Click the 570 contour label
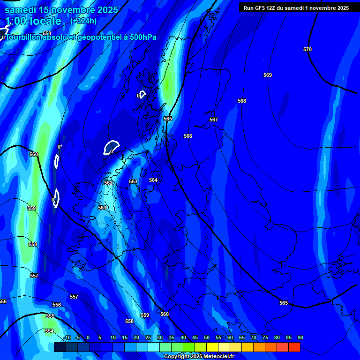pyautogui.click(x=307, y=49)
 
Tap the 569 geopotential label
pyautogui.click(x=267, y=75)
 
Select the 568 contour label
pyautogui.click(x=242, y=101)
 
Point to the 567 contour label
pyautogui.click(x=214, y=120)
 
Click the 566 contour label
pyautogui.click(x=188, y=136)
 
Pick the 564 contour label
pyautogui.click(x=153, y=180)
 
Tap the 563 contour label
pyautogui.click(x=133, y=181)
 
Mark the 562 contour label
pyautogui.click(x=108, y=183)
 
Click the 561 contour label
pyautogui.click(x=102, y=208)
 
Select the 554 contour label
pyautogui.click(x=49, y=331)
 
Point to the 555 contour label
pyautogui.click(x=50, y=316)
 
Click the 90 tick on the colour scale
pyautogui.click(x=300, y=337)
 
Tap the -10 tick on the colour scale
pyautogui.click(x=67, y=337)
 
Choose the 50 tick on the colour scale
pyautogui.click(x=206, y=337)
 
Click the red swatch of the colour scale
pyautogui.click(x=294, y=347)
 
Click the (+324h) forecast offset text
pyautogui.click(x=83, y=21)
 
